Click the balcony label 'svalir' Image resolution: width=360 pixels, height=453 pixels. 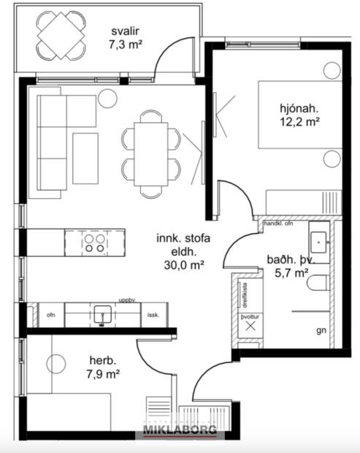click(126, 31)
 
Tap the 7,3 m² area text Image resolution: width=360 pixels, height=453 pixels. click(126, 45)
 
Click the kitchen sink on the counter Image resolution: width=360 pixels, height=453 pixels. click(102, 314)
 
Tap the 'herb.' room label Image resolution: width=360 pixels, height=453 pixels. click(102, 361)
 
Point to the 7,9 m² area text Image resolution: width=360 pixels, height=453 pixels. click(102, 375)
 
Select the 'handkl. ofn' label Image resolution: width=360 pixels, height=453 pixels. click(278, 223)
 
